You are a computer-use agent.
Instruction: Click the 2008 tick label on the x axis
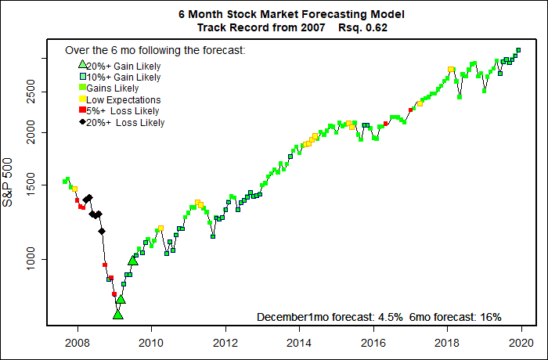tap(77, 341)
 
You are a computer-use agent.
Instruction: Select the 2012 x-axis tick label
tap(225, 341)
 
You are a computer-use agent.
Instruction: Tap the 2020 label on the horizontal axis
tap(522, 341)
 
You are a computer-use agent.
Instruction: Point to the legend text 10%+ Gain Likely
tap(123, 77)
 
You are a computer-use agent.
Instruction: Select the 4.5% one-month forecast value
tap(389, 317)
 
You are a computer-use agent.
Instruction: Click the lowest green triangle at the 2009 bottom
tap(117, 315)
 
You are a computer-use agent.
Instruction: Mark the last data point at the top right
tap(518, 50)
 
